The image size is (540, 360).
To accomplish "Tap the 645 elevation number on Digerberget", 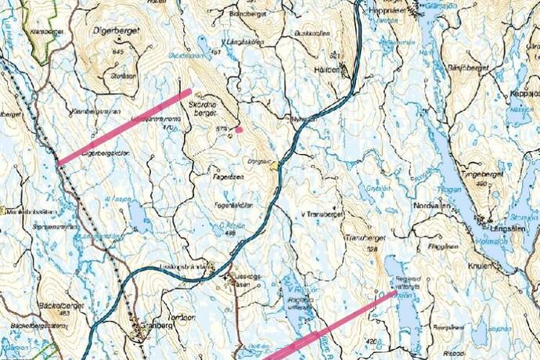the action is click(x=118, y=52).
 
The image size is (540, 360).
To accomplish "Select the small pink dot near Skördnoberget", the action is click(x=239, y=129).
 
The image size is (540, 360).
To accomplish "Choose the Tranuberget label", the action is click(x=361, y=236).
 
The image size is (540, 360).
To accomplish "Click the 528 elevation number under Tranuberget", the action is click(x=371, y=248).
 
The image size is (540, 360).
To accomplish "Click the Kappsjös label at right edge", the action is click(x=524, y=92).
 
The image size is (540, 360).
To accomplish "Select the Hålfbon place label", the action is click(x=330, y=69).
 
